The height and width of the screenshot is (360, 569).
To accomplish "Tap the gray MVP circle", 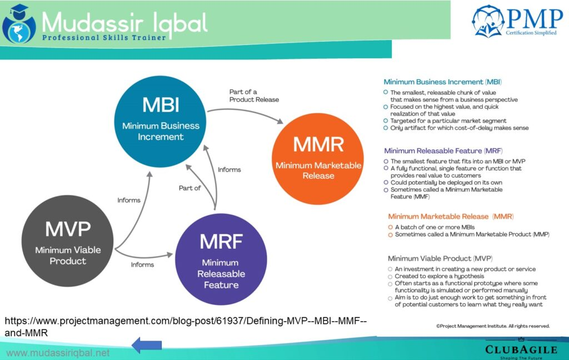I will (68, 242).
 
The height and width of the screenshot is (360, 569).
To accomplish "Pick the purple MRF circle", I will (221, 259).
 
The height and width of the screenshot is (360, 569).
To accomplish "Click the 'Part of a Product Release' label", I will (254, 96).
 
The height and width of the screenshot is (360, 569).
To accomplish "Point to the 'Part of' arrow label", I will (189, 188).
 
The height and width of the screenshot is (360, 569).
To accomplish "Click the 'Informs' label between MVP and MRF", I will (143, 264).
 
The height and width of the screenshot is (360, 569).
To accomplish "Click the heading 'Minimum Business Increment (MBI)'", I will (433, 82).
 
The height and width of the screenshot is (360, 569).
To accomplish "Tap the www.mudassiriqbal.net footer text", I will (58, 353).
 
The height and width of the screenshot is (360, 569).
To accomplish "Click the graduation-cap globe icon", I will (19, 23).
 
